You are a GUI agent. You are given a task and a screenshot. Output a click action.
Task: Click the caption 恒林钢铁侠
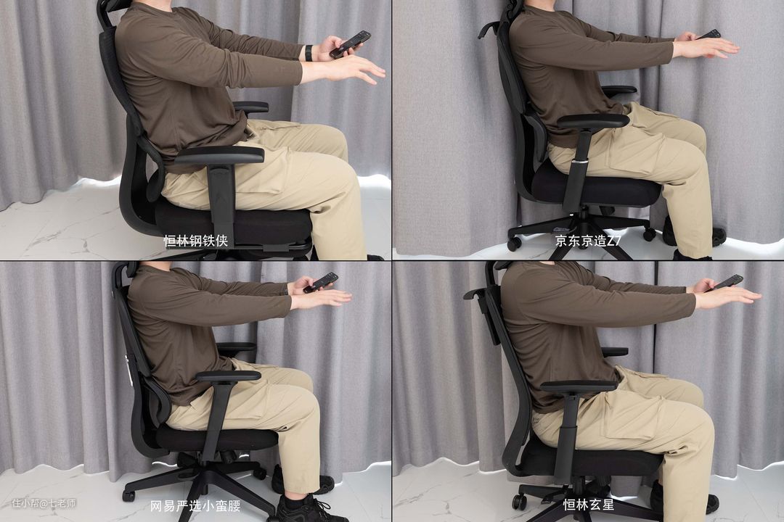[x=196, y=241]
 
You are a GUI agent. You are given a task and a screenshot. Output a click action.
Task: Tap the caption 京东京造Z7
[x=588, y=241]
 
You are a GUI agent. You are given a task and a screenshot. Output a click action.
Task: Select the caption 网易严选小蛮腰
[x=195, y=505]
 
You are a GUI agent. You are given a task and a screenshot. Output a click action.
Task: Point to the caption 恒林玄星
[x=589, y=504]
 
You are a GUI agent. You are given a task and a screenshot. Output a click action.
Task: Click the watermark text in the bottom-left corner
[x=44, y=503]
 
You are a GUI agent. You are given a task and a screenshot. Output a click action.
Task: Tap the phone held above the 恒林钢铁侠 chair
[x=350, y=44]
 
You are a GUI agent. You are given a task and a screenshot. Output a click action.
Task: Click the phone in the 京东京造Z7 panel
[x=709, y=34]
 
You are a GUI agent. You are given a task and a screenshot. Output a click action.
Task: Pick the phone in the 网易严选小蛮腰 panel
[x=321, y=282]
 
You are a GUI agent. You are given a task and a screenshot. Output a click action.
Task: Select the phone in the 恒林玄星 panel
[x=724, y=282]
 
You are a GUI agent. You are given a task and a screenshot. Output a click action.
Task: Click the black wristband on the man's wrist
[x=309, y=53]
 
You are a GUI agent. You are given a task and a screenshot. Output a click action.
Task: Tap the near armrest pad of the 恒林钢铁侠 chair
[x=219, y=155]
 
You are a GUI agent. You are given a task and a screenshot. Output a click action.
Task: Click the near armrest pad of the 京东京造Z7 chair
[x=593, y=121]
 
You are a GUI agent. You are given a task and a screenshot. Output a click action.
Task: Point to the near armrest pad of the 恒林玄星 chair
[x=579, y=386]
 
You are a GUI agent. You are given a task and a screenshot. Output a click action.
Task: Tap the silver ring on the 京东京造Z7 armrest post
[x=580, y=162]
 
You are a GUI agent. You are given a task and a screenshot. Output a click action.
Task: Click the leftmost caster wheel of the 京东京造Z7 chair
[x=514, y=244]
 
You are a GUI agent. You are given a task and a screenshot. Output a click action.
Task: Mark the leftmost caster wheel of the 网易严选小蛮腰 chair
[x=129, y=495]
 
